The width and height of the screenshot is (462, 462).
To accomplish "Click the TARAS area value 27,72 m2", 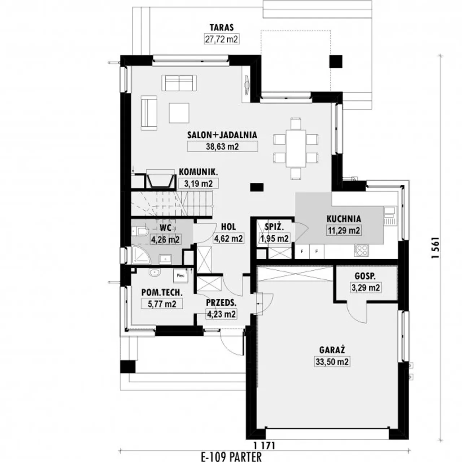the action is (x=222, y=39).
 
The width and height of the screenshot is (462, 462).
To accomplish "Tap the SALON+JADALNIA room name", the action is (x=222, y=135).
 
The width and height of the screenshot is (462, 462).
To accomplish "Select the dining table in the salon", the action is (x=296, y=149).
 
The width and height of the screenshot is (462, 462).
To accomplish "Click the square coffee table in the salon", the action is (x=179, y=113).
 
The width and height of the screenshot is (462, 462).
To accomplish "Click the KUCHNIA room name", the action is (x=344, y=219).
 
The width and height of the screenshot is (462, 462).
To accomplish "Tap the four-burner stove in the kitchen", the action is (x=361, y=250).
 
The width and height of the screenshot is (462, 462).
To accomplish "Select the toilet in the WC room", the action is (x=140, y=232).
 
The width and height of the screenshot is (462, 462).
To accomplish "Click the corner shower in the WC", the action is (x=141, y=254).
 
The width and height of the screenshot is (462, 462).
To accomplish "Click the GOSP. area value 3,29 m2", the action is (x=366, y=287).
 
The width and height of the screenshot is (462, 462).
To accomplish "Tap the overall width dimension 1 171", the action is (x=264, y=446).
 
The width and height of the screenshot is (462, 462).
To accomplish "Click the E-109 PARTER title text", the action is (x=231, y=457).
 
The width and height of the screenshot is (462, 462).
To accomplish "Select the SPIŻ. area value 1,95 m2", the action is (x=274, y=239).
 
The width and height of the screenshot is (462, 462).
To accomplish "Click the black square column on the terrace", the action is (x=336, y=61).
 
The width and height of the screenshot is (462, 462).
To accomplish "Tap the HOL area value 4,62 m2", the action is (x=228, y=238).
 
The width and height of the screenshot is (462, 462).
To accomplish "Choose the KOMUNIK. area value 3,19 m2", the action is (x=199, y=184).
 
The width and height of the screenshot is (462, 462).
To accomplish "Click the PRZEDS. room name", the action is (x=221, y=303).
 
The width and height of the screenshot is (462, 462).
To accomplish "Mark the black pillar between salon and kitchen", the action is (x=257, y=187).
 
